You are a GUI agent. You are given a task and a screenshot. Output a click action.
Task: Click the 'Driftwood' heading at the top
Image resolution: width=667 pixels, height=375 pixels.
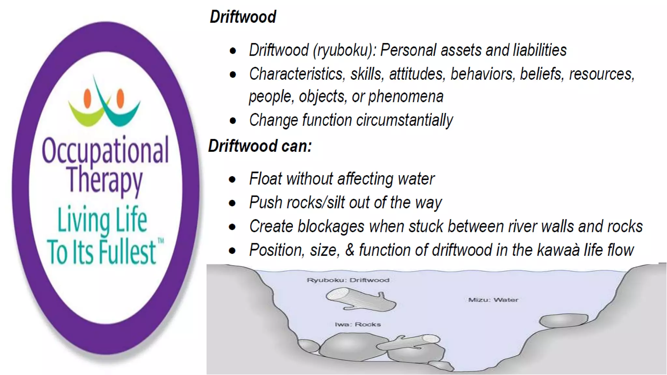(x=243, y=17)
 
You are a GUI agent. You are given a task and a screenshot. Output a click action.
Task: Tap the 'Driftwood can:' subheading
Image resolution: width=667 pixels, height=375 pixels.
(x=260, y=146)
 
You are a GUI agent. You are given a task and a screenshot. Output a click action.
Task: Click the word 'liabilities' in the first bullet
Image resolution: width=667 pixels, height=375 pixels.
(x=540, y=50)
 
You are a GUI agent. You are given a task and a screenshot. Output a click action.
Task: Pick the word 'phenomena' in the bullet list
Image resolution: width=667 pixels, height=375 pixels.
(x=406, y=96)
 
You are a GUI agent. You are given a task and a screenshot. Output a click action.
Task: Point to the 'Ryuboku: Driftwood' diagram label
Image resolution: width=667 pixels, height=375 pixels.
(x=348, y=280)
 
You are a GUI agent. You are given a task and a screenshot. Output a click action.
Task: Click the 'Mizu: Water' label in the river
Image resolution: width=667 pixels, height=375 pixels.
(x=493, y=300)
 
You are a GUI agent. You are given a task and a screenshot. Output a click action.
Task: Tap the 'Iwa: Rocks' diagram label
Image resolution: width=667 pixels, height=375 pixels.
(x=358, y=324)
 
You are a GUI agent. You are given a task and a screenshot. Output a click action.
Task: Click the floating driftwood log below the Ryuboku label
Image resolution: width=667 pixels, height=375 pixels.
(x=361, y=300)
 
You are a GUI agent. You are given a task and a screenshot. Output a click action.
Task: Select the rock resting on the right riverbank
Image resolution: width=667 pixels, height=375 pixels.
(x=563, y=320)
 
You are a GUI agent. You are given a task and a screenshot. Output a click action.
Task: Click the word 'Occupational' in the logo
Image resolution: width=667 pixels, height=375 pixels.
(x=105, y=150)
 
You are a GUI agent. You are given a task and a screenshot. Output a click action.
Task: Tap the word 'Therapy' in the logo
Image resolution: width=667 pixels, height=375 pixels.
(x=105, y=180)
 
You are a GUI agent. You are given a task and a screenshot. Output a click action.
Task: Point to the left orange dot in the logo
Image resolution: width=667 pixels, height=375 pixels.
(x=87, y=98)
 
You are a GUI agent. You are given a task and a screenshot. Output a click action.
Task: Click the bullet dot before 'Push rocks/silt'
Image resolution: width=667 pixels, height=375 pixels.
(x=232, y=203)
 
